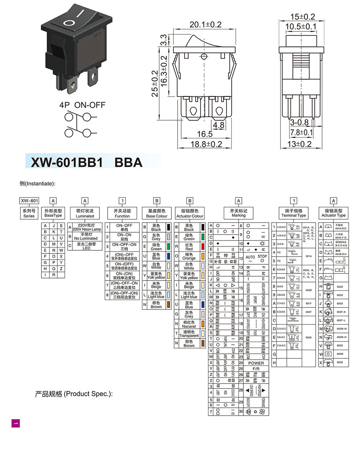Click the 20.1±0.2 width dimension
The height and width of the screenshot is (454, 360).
pos(205,25)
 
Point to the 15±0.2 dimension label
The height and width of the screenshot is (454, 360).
pos(302,16)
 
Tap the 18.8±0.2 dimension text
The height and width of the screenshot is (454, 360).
pos(206,144)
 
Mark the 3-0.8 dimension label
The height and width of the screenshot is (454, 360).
pos(299,123)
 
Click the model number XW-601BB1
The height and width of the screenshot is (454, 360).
pos(67,162)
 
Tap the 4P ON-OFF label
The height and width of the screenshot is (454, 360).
pos(82,105)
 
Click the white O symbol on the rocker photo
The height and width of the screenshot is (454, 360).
pos(69,22)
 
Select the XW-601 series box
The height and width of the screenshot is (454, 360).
pos(29,201)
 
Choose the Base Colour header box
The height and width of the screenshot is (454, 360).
pos(157,213)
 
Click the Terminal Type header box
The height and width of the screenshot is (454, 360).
pos(293,213)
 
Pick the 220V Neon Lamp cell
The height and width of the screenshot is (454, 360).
pos(87,227)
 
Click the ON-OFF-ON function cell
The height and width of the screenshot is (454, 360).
pos(122,247)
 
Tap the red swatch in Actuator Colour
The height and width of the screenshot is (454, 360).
pos(203,247)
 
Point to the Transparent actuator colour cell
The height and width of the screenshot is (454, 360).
pos(189,333)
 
